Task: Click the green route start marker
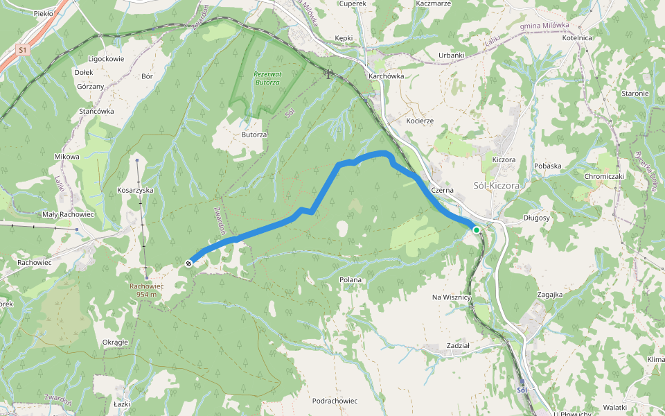pyautogui.click(x=477, y=229)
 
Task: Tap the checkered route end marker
pyautogui.click(x=188, y=263)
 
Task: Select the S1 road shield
pyautogui.click(x=23, y=50)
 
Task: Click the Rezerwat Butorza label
pyautogui.click(x=266, y=78)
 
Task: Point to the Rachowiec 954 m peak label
pyautogui.click(x=146, y=290)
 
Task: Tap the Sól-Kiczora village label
pyautogui.click(x=496, y=186)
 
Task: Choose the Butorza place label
pyautogui.click(x=254, y=135)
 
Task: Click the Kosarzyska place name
pyautogui.click(x=135, y=189)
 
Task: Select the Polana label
pyautogui.click(x=351, y=280)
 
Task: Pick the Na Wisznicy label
pyautogui.click(x=451, y=297)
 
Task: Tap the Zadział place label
pyautogui.click(x=458, y=345)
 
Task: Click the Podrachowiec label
pyautogui.click(x=335, y=401)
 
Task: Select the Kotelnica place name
pyautogui.click(x=577, y=38)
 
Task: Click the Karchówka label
pyautogui.click(x=387, y=76)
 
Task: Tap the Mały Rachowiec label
pyautogui.click(x=68, y=214)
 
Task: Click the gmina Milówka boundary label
pyautogui.click(x=544, y=26)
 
